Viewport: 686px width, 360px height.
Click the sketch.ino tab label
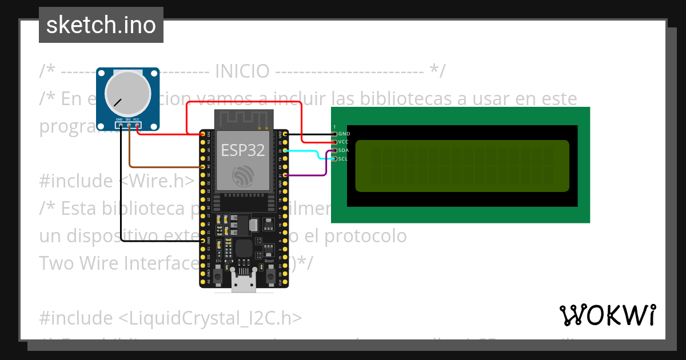tap(101, 25)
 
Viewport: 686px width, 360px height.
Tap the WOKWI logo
tap(607, 315)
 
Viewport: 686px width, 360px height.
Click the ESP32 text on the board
tap(243, 150)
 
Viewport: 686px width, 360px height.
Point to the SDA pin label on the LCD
tap(344, 150)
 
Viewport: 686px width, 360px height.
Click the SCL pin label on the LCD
tap(343, 158)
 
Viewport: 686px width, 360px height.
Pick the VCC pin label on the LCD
tap(344, 142)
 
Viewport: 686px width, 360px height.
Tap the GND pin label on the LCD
tap(344, 134)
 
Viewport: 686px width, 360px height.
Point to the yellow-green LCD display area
tap(462, 166)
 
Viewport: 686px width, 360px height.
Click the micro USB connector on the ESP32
tap(244, 285)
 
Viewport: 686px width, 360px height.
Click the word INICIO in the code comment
tap(242, 72)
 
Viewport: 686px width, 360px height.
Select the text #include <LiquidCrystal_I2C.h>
tap(170, 318)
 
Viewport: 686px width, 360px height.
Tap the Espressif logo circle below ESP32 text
tap(243, 176)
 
